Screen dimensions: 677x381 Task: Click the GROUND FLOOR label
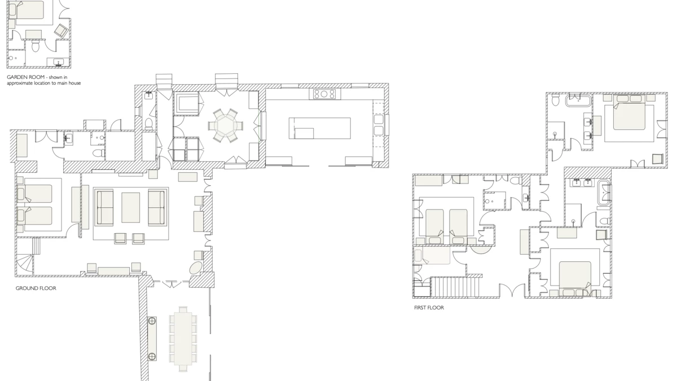coord(36,288)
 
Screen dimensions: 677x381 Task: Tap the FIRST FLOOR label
coord(429,308)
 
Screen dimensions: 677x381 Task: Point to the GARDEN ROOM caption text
coord(44,80)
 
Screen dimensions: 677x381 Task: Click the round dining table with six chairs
coord(225,125)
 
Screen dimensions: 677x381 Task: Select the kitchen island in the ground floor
coord(320,128)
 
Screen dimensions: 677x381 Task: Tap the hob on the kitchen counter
coord(324,94)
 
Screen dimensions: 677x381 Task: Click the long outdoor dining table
coord(183,339)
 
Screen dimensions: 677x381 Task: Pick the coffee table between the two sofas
coord(130,208)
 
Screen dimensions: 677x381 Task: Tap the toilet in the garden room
coord(36,46)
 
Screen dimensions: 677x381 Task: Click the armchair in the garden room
coord(61,31)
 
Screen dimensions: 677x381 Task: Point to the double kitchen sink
coord(379,125)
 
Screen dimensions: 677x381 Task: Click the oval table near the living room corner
coord(196,268)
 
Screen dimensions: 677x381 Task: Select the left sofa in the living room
coord(104,208)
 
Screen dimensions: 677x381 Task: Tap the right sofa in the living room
coord(157,208)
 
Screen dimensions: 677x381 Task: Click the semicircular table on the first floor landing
coord(480,249)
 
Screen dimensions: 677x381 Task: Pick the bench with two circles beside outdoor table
coord(152,339)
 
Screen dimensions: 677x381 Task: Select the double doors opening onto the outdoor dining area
coord(171,284)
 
